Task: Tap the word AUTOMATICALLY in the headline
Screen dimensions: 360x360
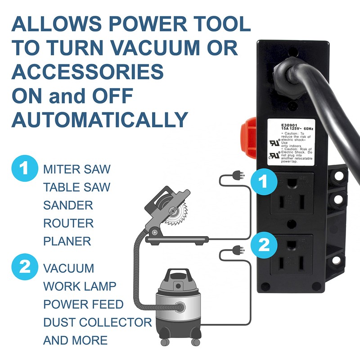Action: click(99, 119)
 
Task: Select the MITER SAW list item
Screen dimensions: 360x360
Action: click(77, 170)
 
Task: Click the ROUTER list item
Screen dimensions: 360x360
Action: click(68, 224)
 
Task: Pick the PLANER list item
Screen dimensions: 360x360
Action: click(67, 242)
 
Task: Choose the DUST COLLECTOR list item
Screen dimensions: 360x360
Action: click(98, 323)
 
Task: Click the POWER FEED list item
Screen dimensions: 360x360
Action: click(83, 305)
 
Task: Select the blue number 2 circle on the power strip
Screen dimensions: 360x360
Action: click(264, 245)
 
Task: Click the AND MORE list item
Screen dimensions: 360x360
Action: click(76, 340)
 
